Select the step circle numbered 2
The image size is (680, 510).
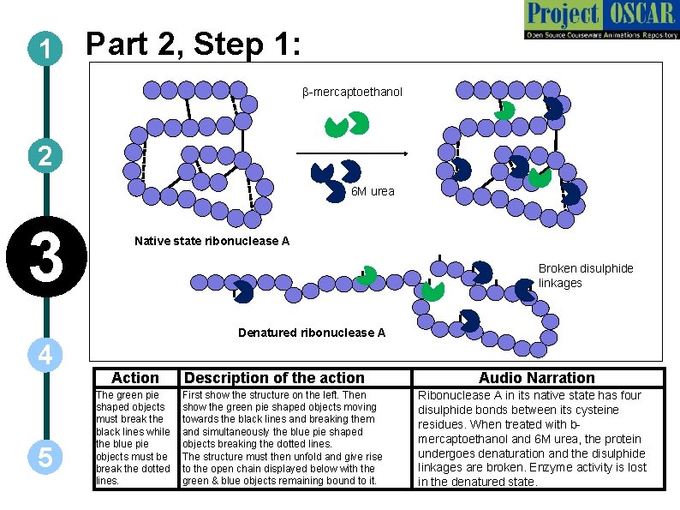click(43, 156)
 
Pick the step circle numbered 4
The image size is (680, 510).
click(43, 353)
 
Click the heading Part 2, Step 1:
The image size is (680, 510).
click(194, 44)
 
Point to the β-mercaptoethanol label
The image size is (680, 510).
click(352, 92)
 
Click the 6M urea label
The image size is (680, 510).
click(373, 191)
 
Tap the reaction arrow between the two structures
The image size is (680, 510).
click(351, 153)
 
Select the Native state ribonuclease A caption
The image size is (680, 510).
click(212, 241)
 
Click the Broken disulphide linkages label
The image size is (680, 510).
click(586, 275)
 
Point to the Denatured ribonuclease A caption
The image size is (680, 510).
click(312, 333)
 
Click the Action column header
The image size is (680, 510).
click(135, 378)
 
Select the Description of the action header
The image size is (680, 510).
click(275, 378)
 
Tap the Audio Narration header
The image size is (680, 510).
click(536, 378)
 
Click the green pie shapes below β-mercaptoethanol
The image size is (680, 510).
click(347, 125)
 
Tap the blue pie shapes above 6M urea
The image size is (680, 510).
click(338, 172)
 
